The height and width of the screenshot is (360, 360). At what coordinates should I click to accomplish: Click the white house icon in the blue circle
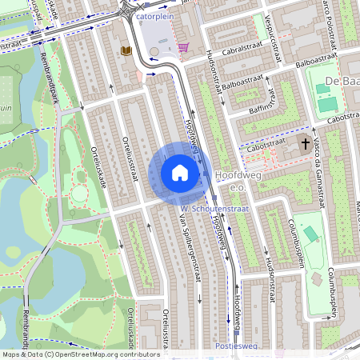coord(180,173)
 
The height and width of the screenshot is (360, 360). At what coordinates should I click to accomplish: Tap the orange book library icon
coord(126,50)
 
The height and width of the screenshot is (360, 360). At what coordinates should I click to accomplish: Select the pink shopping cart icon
coord(183,47)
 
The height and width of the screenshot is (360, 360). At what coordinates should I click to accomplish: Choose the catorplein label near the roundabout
coord(154,14)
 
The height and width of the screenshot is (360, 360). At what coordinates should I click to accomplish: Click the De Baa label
coord(342,82)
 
